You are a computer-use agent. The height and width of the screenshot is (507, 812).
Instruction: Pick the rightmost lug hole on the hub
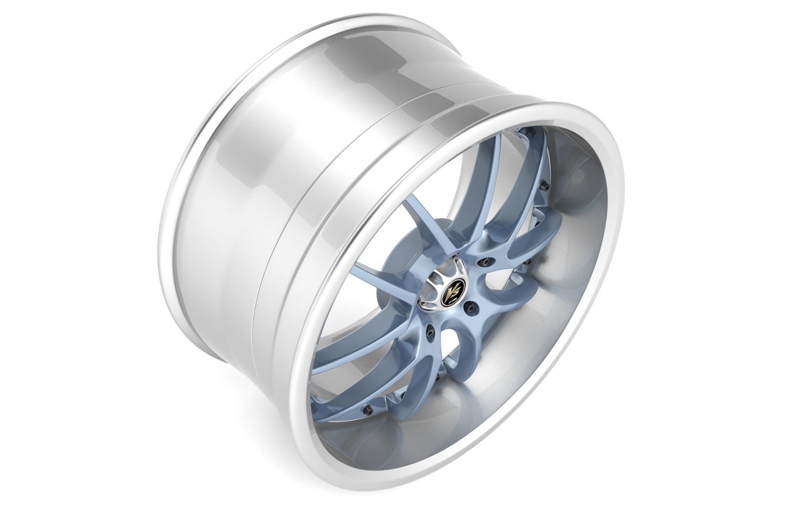coord(485,262)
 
